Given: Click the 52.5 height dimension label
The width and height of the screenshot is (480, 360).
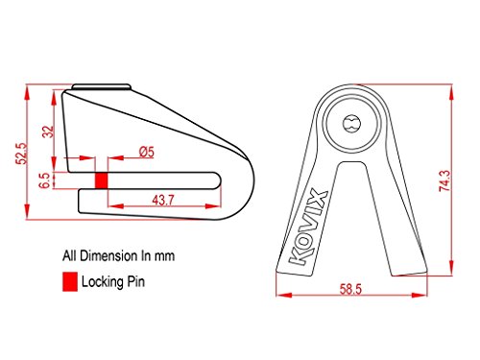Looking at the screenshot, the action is (22, 154).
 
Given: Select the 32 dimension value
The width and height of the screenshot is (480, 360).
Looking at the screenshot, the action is (48, 132).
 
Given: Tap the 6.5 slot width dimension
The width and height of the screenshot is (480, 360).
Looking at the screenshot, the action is (44, 180).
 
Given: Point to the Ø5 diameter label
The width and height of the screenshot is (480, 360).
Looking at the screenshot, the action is (147, 152).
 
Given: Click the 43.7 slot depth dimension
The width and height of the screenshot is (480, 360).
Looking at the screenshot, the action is (163, 201).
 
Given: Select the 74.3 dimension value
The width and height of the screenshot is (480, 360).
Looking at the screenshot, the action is (444, 180).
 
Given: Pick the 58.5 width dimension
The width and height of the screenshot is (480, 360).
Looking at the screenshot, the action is (350, 289).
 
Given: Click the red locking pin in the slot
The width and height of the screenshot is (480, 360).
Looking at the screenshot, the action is (101, 180).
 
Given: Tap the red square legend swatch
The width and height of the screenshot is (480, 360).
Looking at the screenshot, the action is (70, 281).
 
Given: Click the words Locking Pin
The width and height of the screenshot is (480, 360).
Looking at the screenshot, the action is (113, 282).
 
